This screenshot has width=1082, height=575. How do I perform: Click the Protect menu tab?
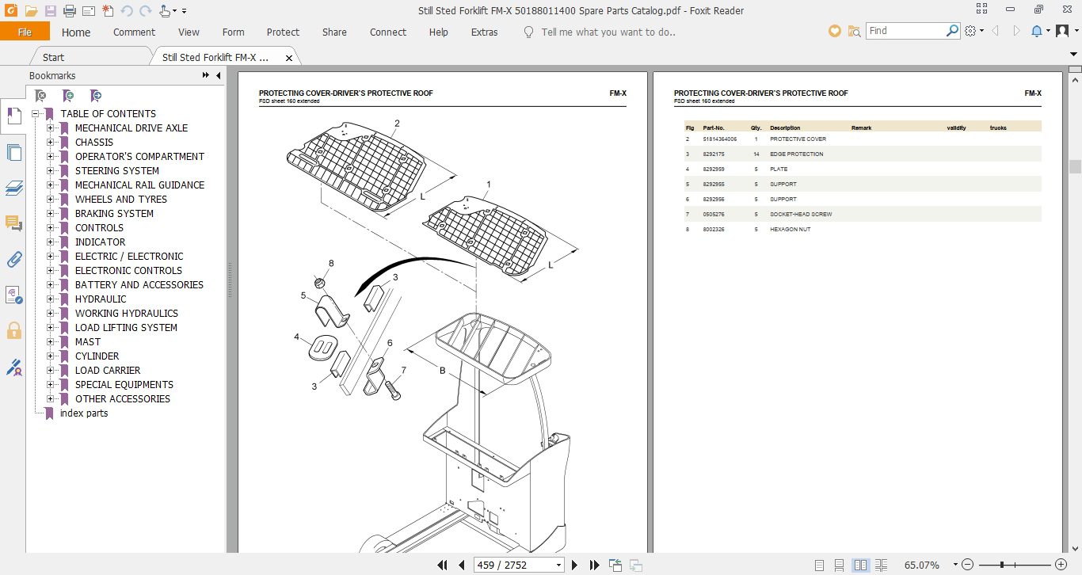point(283,32)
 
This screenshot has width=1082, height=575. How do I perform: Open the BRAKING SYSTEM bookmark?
point(114,214)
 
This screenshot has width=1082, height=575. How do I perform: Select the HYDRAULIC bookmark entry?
point(101,299)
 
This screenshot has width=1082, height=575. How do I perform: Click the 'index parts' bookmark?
point(84,413)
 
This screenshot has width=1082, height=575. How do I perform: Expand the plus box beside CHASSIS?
point(51,143)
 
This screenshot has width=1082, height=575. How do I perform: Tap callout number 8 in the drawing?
point(331,263)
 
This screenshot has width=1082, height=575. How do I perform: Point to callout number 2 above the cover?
point(397,124)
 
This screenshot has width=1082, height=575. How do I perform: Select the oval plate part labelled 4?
point(320,348)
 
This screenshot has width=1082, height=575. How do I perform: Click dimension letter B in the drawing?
point(443,370)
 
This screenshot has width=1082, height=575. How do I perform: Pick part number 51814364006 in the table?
point(719,139)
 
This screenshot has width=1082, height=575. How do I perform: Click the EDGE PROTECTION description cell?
point(796,154)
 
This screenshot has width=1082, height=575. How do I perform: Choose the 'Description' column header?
point(785,128)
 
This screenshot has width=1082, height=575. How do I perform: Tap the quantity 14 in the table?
point(756,154)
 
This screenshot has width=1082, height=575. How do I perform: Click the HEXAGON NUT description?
point(790,230)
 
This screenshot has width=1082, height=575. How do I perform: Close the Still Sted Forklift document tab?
point(289,58)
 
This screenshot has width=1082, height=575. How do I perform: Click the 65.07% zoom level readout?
point(921,565)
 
